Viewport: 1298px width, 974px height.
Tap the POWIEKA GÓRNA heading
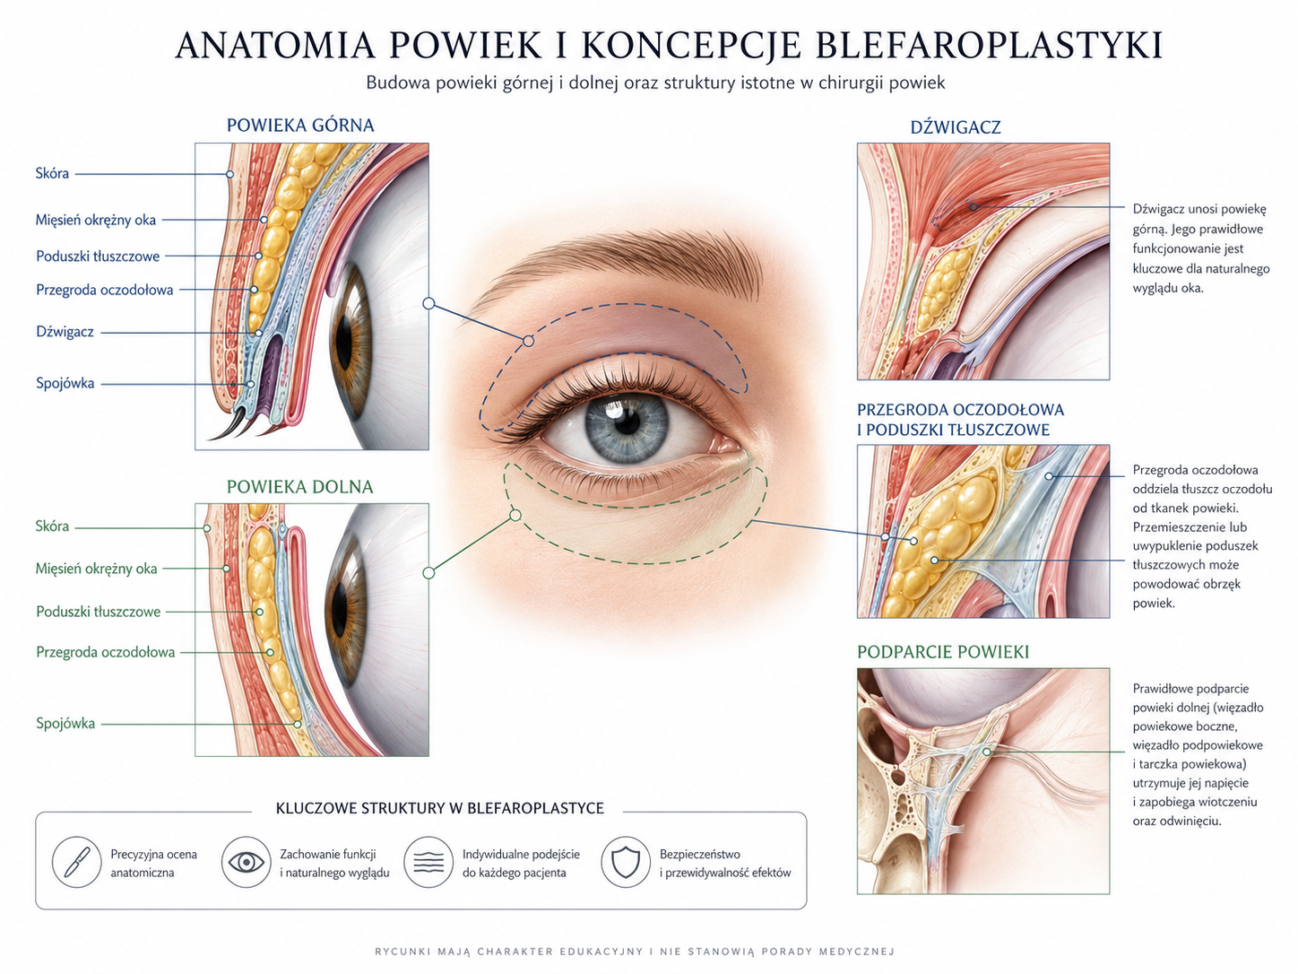300,126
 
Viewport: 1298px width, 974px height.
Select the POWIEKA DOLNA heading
299,487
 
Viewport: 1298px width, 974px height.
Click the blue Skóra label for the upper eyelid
52,173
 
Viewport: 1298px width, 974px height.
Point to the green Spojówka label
65,723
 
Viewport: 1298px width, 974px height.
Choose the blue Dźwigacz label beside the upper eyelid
65,331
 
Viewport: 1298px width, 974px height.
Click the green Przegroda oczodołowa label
105,652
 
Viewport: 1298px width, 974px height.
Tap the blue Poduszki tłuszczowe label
98,257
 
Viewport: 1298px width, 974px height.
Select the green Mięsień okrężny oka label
97,569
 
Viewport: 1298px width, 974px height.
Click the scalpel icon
77,862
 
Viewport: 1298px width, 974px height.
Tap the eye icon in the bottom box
246,862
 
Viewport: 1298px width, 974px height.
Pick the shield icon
626,862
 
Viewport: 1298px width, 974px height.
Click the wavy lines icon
428,862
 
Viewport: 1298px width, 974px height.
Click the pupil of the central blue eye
627,422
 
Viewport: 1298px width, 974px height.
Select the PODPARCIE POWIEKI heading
943,652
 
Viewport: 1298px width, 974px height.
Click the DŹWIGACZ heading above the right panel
955,127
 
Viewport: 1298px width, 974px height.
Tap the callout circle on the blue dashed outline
529,341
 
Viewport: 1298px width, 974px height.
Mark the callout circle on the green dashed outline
515,515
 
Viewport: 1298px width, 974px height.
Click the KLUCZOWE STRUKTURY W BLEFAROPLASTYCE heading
440,808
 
